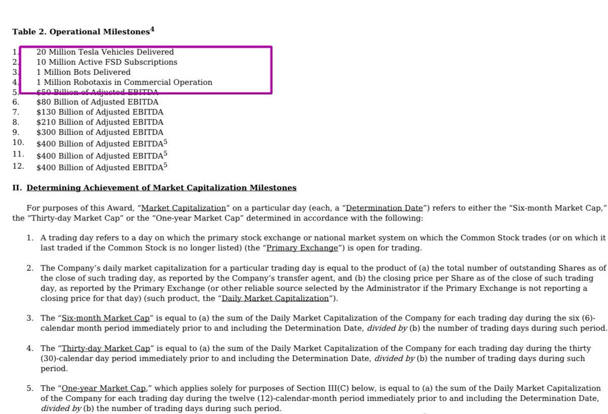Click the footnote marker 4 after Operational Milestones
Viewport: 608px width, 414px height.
point(152,29)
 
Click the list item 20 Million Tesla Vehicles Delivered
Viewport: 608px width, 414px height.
point(105,52)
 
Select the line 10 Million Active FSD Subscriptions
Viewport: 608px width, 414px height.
point(107,62)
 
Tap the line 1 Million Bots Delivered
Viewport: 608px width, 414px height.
point(84,72)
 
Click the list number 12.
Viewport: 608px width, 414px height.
point(18,166)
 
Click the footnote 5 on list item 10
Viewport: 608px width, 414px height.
point(165,142)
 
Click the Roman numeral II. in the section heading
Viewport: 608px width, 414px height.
point(17,188)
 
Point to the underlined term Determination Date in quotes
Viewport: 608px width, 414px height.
point(385,208)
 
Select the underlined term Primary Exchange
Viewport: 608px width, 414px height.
point(302,248)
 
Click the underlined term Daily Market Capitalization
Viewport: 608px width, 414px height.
point(276,298)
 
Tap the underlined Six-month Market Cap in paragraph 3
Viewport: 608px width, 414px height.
point(105,318)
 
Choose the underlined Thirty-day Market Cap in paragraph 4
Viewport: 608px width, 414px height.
point(106,348)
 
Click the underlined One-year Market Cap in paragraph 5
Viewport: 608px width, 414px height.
point(104,388)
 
